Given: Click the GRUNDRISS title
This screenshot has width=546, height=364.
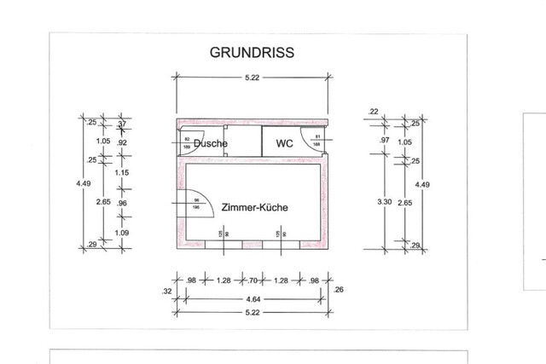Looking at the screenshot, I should point(252,52).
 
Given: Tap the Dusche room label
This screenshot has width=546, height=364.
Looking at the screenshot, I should point(210,143).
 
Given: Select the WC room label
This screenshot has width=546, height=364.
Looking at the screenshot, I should point(284,143).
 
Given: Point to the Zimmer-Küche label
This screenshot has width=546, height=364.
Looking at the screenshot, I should point(253,207).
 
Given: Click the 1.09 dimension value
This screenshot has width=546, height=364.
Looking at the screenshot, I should point(122,232).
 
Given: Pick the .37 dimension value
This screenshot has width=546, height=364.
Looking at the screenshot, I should point(122,124).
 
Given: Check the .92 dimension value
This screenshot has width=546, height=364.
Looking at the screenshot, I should point(122,143).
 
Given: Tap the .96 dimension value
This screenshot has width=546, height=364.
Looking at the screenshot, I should point(122,204).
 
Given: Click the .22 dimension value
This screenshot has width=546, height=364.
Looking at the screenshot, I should point(373,112).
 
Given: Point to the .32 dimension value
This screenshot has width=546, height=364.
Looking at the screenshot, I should point(166,292).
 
